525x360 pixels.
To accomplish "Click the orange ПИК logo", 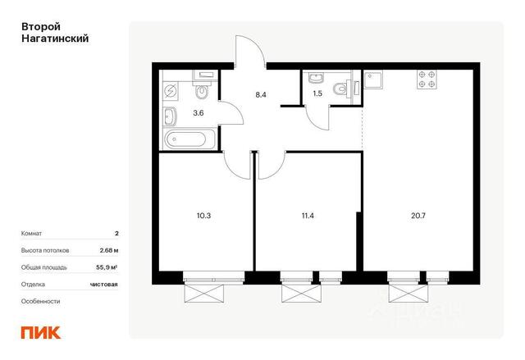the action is pyautogui.click(x=41, y=332).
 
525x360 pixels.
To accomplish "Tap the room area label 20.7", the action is pyautogui.click(x=418, y=216).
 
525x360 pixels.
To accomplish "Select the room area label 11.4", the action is pyautogui.click(x=308, y=216).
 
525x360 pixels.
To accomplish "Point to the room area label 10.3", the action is pyautogui.click(x=203, y=216).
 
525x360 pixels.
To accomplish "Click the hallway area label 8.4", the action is pyautogui.click(x=261, y=94).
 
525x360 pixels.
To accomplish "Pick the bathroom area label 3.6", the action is pyautogui.click(x=199, y=113).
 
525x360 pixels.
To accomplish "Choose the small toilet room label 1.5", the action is pyautogui.click(x=317, y=93).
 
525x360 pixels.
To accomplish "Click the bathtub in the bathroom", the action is pyautogui.click(x=185, y=139).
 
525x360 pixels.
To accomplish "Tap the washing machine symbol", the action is pyautogui.click(x=171, y=91).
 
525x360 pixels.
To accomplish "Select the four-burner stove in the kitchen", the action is pyautogui.click(x=427, y=80).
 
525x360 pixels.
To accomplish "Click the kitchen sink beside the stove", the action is pyautogui.click(x=374, y=80).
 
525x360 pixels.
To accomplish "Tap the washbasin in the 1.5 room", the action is pyautogui.click(x=316, y=78).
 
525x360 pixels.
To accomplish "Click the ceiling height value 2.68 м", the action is pyautogui.click(x=109, y=250).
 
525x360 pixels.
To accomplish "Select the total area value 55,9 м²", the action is pyautogui.click(x=107, y=267).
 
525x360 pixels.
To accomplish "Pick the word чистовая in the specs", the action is pyautogui.click(x=104, y=285).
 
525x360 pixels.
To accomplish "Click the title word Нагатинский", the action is pyautogui.click(x=55, y=39).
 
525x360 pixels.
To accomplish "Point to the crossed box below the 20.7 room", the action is pyautogui.click(x=409, y=294).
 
